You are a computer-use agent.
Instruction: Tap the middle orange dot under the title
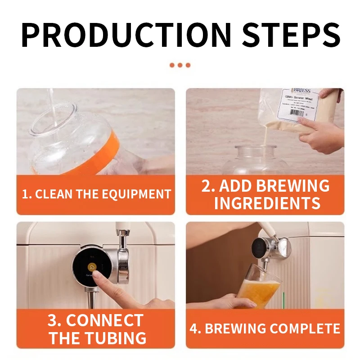pos(180,65)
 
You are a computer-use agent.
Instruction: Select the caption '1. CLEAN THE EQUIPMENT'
pos(96,194)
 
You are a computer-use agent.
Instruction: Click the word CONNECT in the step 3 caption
pos(104,321)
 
